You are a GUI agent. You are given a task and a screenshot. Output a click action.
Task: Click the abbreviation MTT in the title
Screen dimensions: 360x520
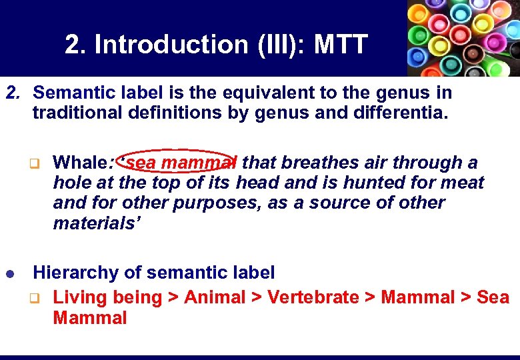pos(340,45)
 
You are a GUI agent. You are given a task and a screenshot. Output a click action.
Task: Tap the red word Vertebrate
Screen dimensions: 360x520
pos(313,297)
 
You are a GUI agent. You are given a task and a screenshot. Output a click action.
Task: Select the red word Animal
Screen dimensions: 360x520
pos(215,297)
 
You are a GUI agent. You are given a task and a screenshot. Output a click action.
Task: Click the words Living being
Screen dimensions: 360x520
pos(107,297)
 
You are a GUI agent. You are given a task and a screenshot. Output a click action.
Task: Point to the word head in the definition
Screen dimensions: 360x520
pos(251,182)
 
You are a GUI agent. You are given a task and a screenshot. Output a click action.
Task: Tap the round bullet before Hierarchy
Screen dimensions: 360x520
pos(11,273)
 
